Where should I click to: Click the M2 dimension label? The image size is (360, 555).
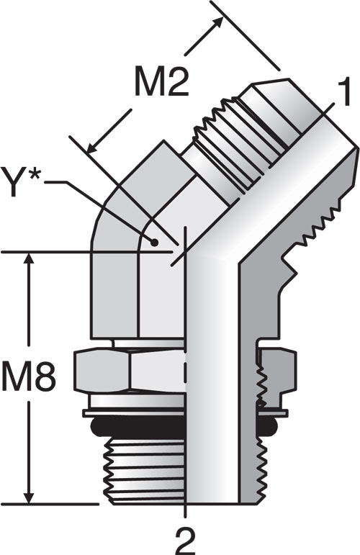click(x=161, y=83)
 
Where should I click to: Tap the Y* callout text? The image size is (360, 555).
click(x=21, y=181)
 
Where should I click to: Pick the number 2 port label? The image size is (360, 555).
click(x=186, y=541)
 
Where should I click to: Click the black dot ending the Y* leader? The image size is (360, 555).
click(x=154, y=243)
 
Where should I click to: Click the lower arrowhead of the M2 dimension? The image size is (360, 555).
click(x=92, y=147)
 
